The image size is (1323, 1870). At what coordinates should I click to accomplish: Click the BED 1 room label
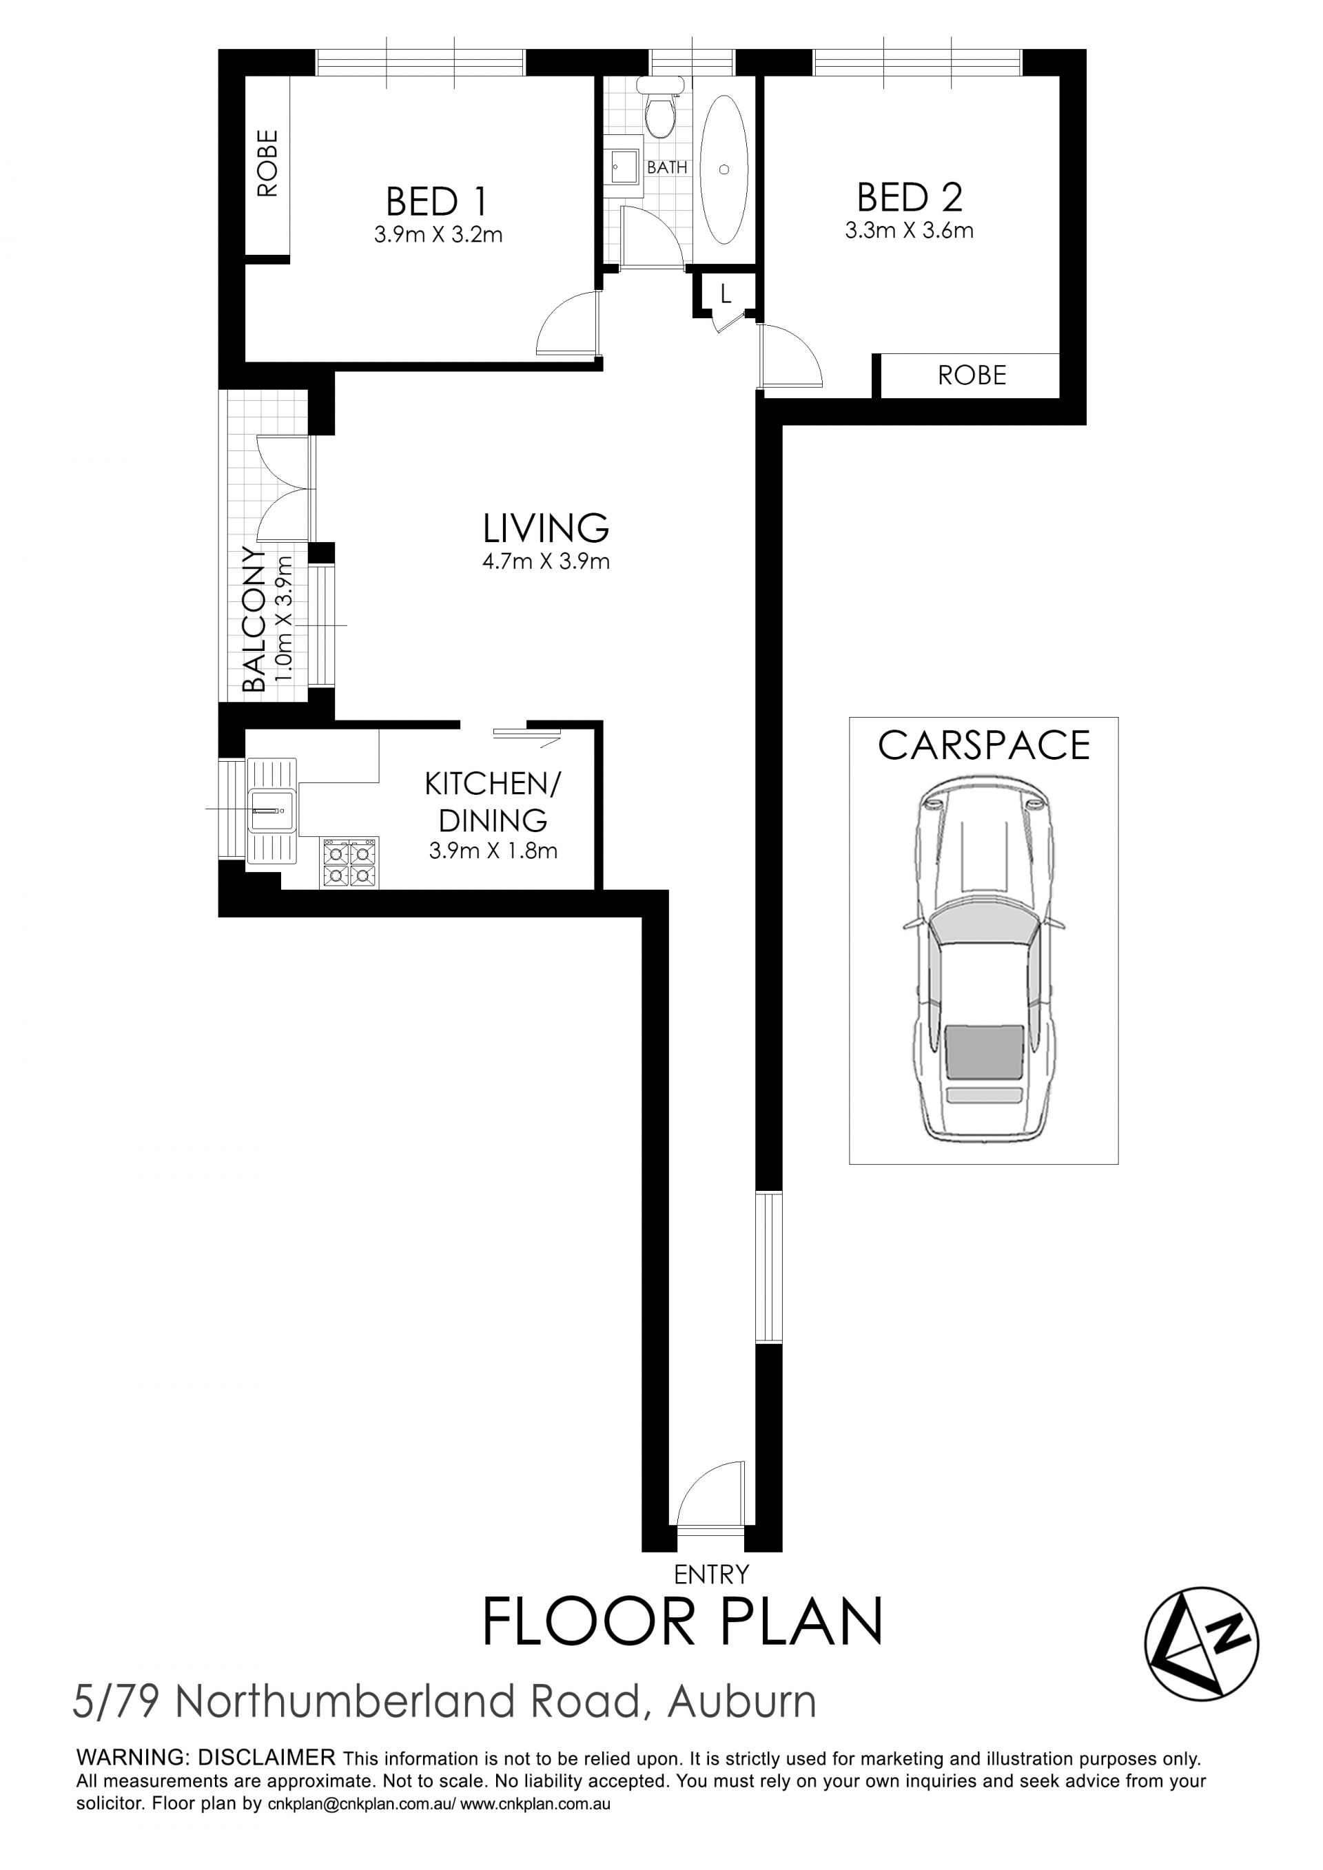(438, 201)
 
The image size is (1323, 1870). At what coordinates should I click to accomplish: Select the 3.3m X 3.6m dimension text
(909, 231)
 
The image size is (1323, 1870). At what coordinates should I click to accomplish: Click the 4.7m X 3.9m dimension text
(546, 561)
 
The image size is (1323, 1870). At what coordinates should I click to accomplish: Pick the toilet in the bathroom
(660, 107)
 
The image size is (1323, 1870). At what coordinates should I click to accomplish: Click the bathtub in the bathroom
(724, 169)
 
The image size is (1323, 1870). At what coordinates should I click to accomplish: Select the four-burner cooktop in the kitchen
(349, 862)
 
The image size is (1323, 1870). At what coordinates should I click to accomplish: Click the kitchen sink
(271, 811)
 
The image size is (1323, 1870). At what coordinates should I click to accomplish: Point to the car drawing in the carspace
(984, 960)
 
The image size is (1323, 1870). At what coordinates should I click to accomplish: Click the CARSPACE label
(984, 745)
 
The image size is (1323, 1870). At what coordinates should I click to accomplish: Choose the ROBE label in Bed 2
(972, 375)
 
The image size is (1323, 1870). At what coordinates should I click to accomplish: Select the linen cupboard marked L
(726, 293)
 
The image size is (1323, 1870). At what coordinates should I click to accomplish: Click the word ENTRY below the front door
(711, 1575)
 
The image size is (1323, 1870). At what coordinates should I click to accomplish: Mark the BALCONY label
(254, 619)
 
